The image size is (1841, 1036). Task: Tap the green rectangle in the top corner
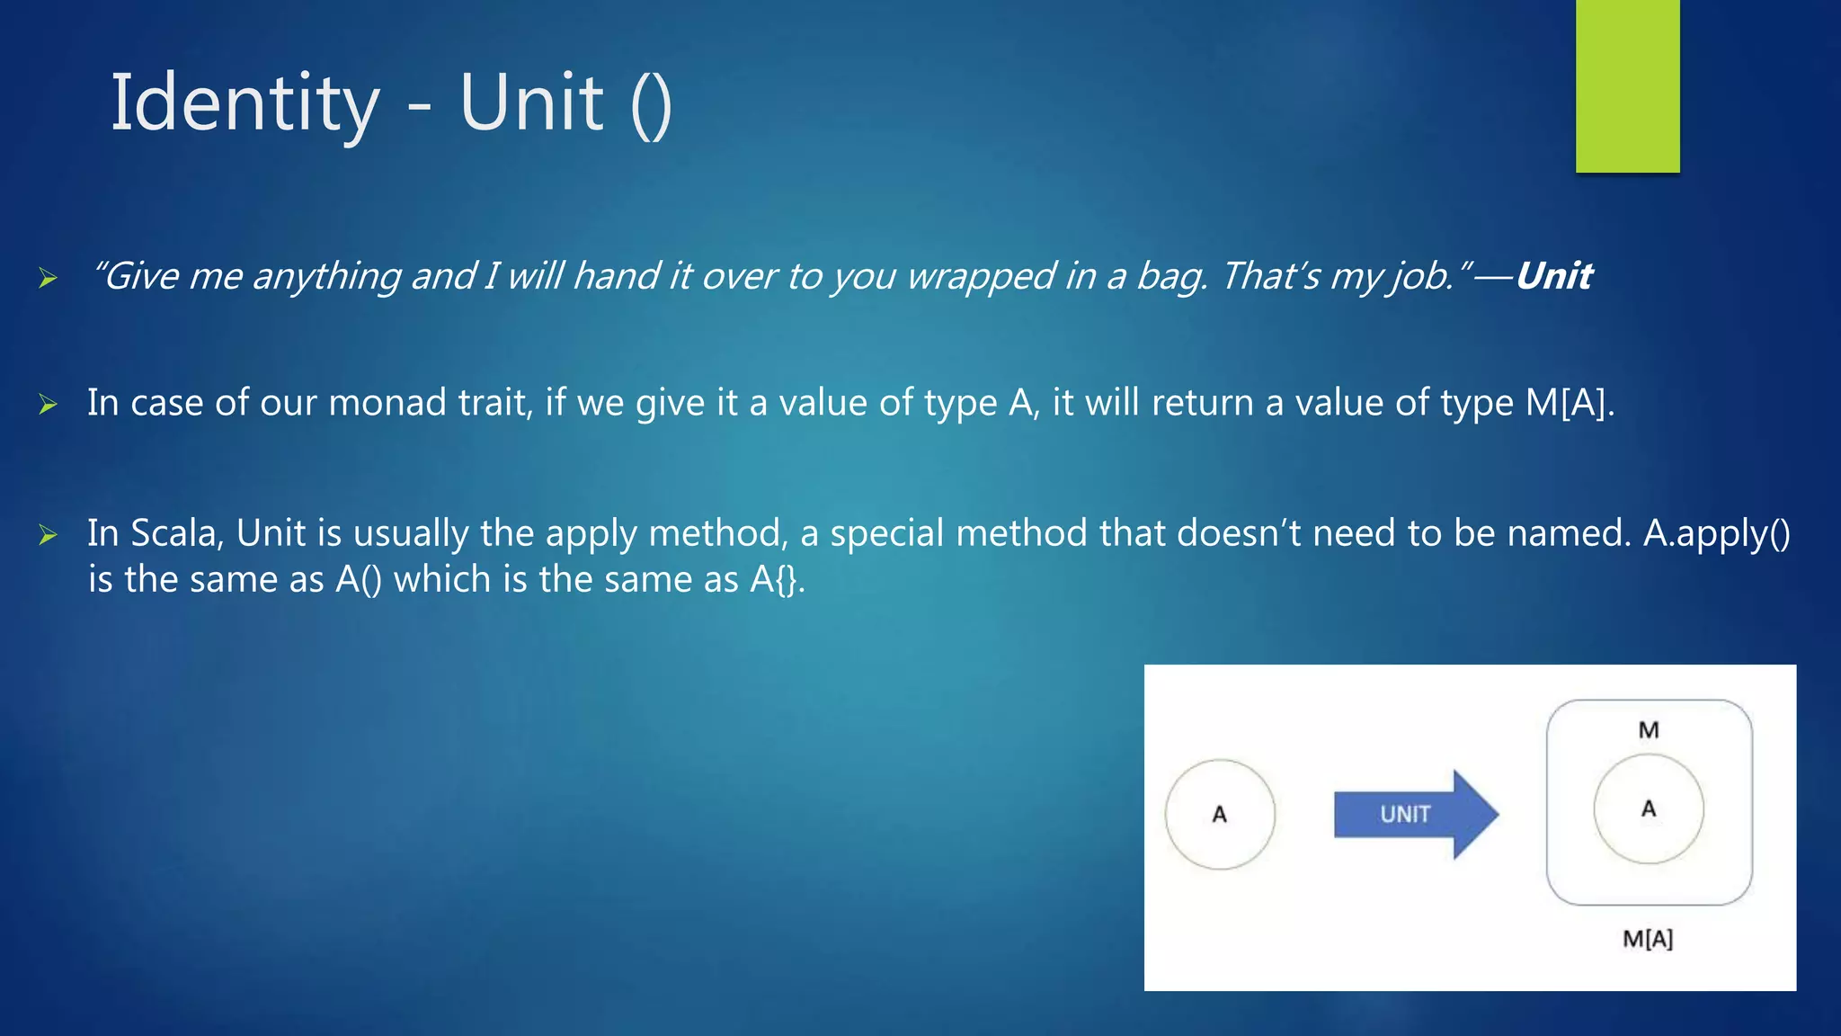1627,85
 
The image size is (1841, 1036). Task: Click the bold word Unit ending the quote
1553,276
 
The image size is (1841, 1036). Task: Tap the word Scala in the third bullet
175,533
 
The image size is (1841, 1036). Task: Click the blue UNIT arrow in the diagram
1414,814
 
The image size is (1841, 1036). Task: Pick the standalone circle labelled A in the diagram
1220,814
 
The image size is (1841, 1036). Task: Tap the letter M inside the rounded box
1648,730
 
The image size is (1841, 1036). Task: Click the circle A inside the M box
1648,808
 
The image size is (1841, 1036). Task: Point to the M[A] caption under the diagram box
1647,939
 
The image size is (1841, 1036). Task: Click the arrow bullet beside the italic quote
48,278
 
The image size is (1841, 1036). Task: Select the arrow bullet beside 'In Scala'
48,536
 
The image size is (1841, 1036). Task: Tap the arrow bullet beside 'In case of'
48,406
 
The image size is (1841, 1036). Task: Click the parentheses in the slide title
652,105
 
